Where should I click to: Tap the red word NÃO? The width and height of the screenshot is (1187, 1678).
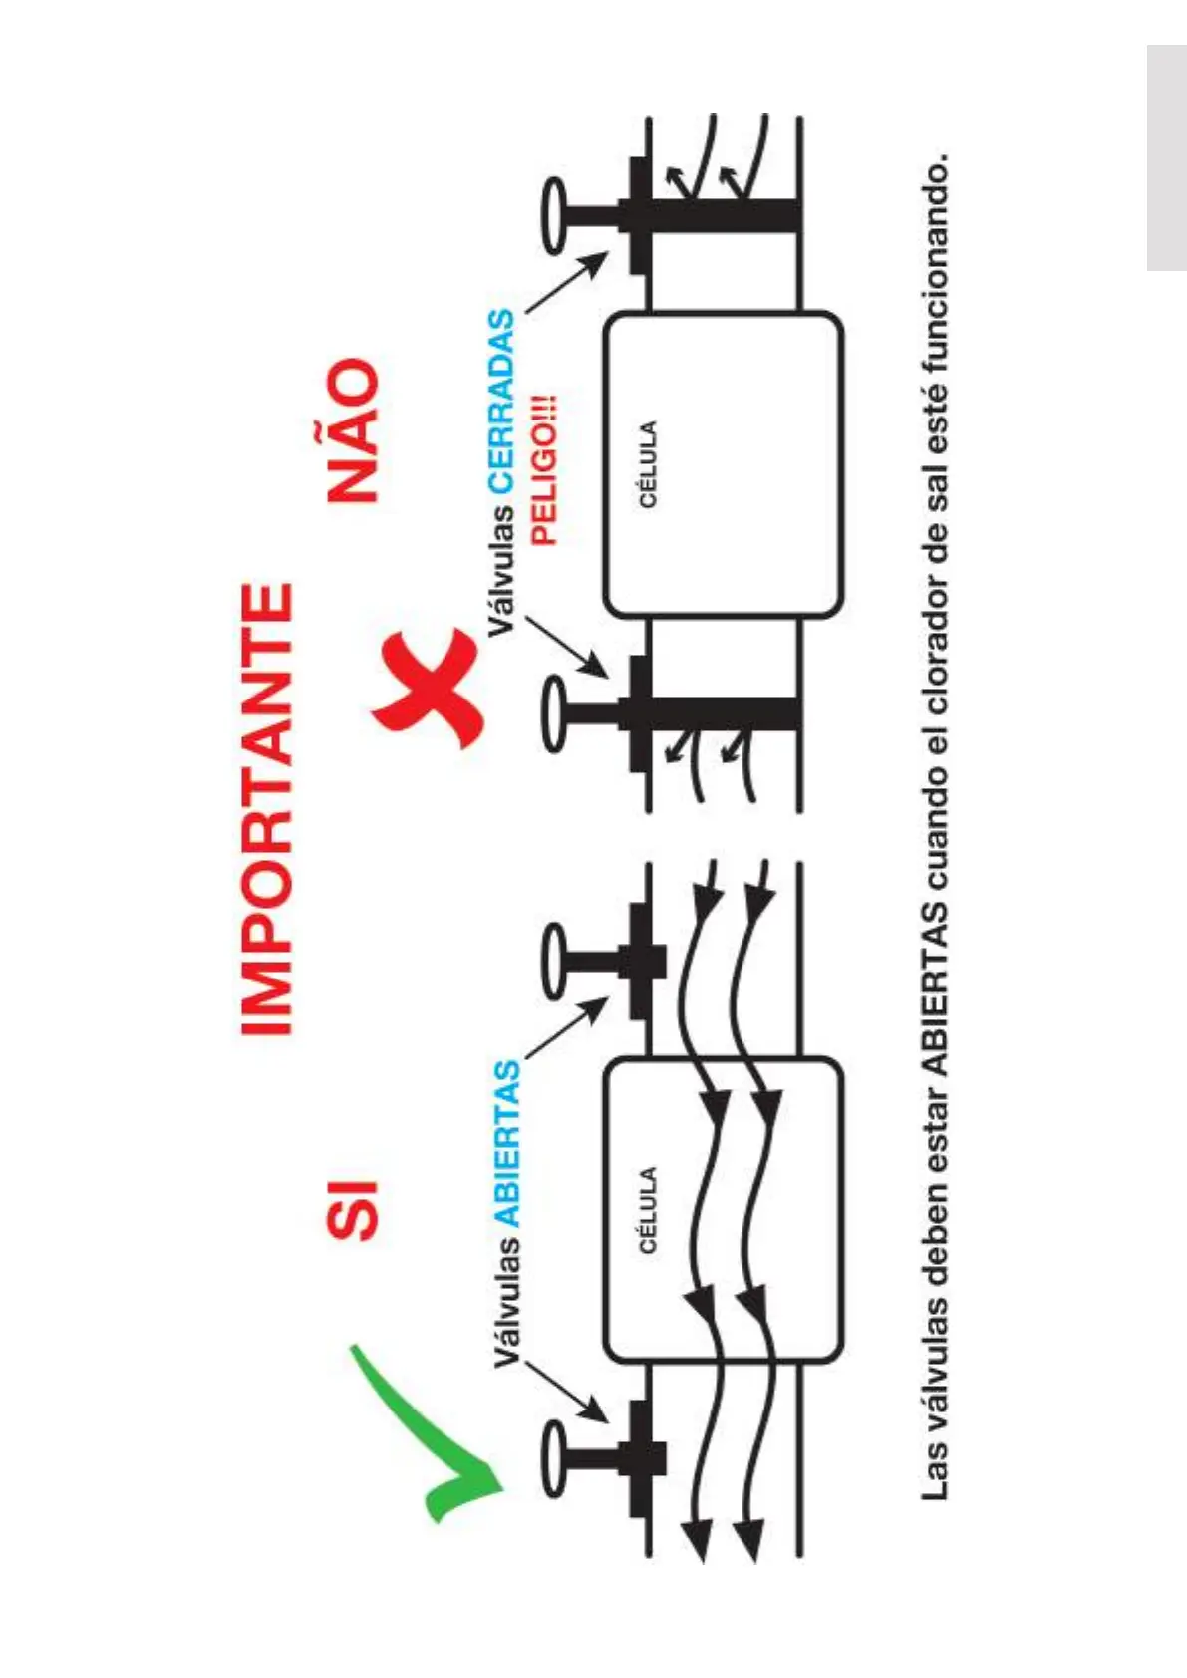pos(353,430)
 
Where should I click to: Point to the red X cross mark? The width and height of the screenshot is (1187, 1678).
pos(429,688)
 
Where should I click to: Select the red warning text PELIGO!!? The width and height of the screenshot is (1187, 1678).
pos(544,469)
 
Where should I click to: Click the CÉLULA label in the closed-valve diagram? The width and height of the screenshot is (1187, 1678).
pos(648,464)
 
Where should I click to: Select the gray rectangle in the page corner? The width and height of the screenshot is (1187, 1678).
pos(1166,157)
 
